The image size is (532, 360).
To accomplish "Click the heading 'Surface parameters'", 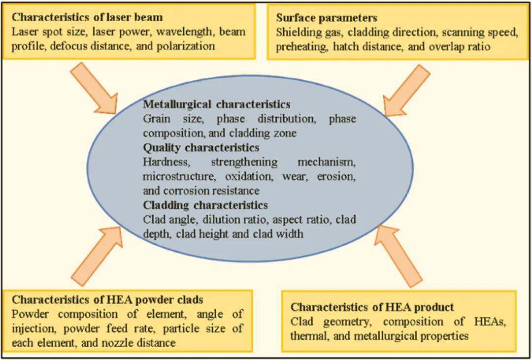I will [327, 18].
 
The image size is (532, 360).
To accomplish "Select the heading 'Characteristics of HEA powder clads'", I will [107, 300].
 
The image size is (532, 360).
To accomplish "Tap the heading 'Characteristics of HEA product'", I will [372, 307].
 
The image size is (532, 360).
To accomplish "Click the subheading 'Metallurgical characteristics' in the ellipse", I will [217, 104].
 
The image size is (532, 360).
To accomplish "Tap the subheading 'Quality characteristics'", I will [201, 147].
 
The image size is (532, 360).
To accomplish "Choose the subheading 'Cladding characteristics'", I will [205, 205].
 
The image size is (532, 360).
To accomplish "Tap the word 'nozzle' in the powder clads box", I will [100, 343].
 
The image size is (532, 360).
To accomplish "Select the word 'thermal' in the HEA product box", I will [308, 336].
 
